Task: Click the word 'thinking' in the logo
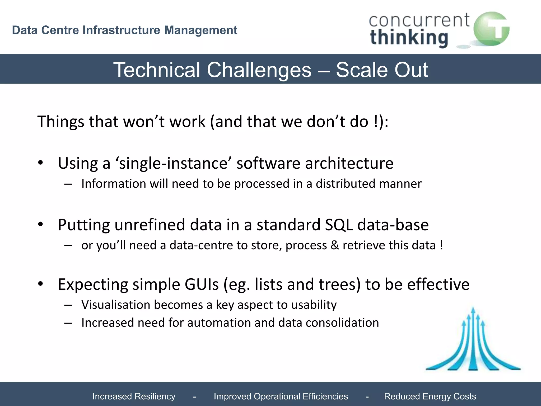(409, 38)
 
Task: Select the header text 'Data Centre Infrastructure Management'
(124, 30)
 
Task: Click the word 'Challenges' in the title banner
(259, 70)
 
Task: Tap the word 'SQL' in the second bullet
(339, 225)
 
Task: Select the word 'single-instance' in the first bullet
(173, 163)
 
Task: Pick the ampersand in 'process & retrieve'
(335, 245)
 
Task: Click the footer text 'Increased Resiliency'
(134, 396)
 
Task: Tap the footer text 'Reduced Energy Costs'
(430, 396)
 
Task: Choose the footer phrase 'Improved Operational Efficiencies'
(281, 396)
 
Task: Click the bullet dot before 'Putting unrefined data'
(40, 224)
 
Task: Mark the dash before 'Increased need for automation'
(68, 323)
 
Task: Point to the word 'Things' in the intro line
(61, 122)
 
